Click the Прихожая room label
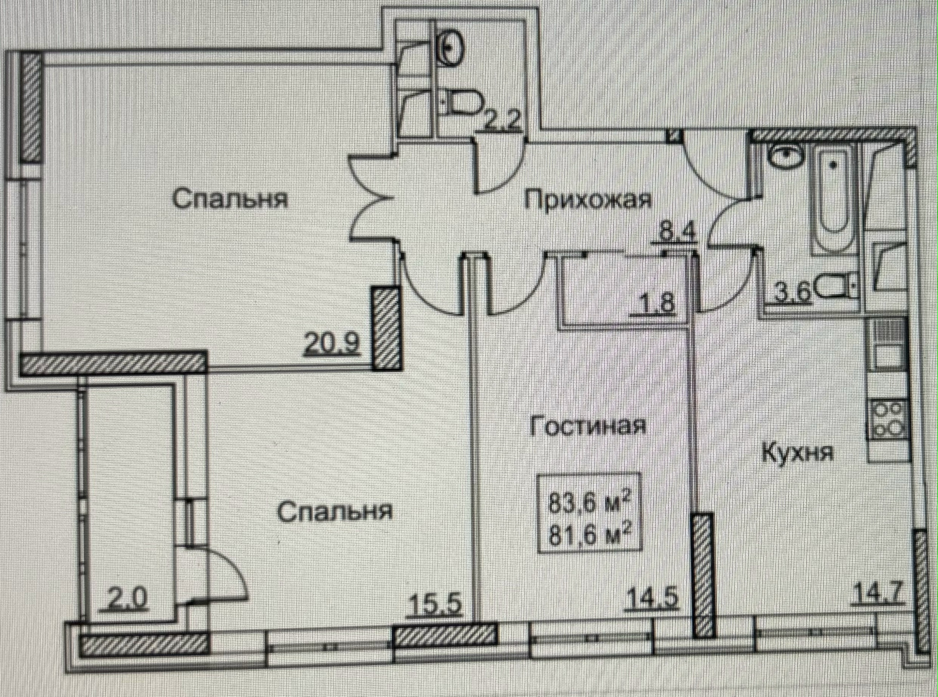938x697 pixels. [x=588, y=200]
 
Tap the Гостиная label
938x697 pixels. [x=588, y=426]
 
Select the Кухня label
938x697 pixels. [x=797, y=453]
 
